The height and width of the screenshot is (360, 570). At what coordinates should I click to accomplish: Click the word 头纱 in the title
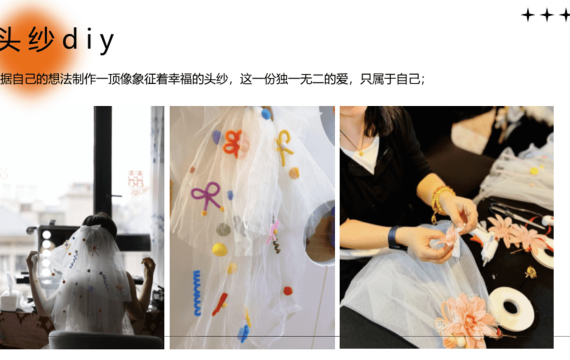click(x=26, y=39)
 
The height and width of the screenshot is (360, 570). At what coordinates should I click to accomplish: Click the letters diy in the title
click(x=88, y=41)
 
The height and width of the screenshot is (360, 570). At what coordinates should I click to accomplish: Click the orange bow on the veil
click(x=233, y=144)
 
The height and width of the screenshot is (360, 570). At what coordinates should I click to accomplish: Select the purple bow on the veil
click(x=207, y=196)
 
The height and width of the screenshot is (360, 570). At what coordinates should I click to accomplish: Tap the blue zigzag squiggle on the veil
click(x=197, y=293)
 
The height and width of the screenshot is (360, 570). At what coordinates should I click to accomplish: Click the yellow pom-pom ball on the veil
click(x=220, y=249)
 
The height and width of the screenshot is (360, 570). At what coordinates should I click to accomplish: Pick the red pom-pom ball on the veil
click(x=288, y=291)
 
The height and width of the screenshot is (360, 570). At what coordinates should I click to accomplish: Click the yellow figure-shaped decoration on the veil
click(x=285, y=147)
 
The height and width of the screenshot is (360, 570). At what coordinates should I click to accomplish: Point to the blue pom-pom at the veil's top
click(x=266, y=114)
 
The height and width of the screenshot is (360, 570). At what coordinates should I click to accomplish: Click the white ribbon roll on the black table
click(x=511, y=309)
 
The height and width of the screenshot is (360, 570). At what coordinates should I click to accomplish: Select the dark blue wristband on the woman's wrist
click(x=393, y=238)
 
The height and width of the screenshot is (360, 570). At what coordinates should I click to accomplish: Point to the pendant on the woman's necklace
click(x=361, y=153)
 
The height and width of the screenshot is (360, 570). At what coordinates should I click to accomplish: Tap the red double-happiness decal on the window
click(x=136, y=179)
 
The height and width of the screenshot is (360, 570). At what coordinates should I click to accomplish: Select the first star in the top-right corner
click(x=528, y=15)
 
